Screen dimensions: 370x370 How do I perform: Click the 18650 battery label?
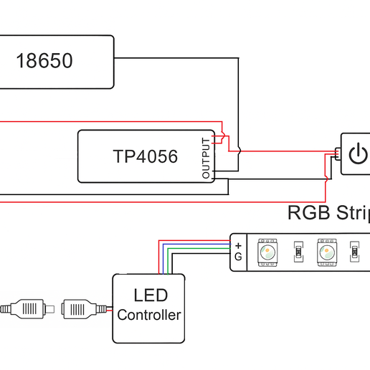pos(44,62)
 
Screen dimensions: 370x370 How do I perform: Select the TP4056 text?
pos(145,156)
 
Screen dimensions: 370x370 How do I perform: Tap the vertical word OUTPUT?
pos(207,157)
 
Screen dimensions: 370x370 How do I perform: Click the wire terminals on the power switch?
pos(337,153)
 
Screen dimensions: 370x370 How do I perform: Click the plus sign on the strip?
pos(238,245)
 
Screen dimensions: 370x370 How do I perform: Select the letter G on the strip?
pos(238,257)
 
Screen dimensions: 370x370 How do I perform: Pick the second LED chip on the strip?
pos(327,252)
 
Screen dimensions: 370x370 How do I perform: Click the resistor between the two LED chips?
pos(297,252)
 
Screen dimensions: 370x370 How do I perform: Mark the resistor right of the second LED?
pos(354,252)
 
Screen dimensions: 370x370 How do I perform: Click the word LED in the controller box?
pos(150,295)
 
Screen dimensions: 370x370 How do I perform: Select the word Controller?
pos(149,315)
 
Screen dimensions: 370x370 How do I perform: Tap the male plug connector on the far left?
pos(26,310)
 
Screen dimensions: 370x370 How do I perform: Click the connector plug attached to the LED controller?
pos(80,310)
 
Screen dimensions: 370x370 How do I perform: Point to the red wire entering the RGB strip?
pos(194,241)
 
